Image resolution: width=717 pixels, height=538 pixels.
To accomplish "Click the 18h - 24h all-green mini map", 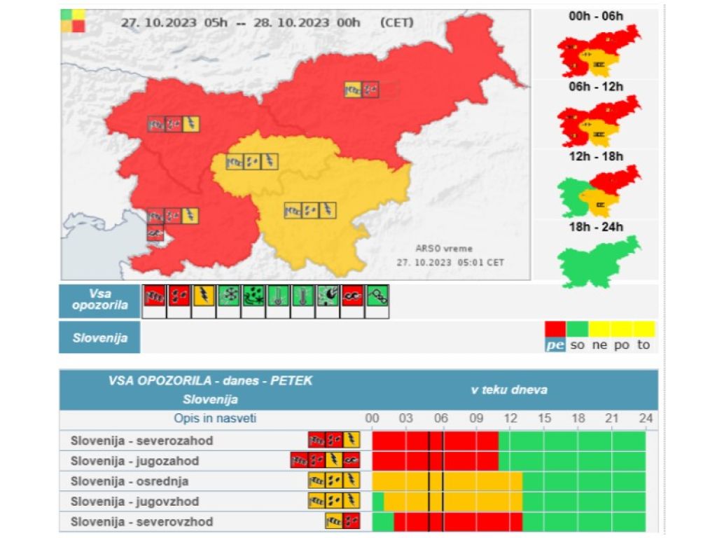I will click(x=598, y=261).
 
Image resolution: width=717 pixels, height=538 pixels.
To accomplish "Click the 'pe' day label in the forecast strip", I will click(x=555, y=345).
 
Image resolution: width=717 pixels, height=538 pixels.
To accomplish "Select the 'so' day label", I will click(x=577, y=345).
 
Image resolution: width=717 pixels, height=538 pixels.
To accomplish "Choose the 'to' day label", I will click(x=643, y=345).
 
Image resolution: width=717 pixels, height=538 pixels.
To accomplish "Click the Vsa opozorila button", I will click(x=99, y=301).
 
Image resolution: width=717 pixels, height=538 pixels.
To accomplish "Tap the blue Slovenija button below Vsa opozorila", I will click(x=99, y=338).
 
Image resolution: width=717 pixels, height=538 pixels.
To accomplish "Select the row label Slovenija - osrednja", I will click(x=130, y=481).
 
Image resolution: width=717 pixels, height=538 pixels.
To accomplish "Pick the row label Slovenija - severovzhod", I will click(x=142, y=522).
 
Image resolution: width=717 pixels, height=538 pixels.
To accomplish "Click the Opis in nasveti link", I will click(x=215, y=418).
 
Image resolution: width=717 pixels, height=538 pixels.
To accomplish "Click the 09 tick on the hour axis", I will click(x=476, y=418).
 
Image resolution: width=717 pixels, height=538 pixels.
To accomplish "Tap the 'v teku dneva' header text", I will click(x=509, y=389).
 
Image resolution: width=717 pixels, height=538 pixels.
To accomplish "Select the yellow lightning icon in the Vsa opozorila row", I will click(x=204, y=297).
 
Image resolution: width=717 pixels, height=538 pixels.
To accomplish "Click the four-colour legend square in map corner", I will click(x=73, y=21).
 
